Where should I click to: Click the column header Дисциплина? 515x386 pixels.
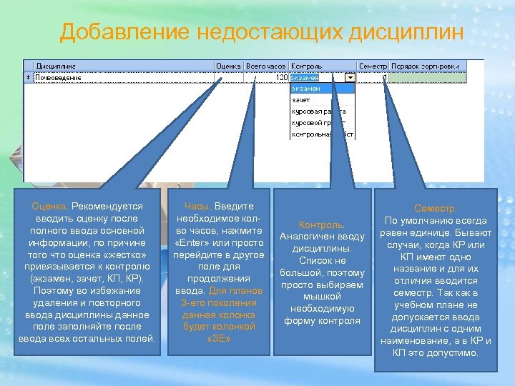point(57,66)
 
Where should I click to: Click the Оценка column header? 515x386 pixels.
point(228,66)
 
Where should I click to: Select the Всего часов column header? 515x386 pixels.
point(266,66)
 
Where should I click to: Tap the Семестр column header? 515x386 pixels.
point(372,66)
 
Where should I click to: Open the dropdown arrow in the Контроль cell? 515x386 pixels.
point(350,77)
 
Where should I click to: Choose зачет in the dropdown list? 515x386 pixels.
point(300,100)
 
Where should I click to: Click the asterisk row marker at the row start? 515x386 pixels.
point(28,77)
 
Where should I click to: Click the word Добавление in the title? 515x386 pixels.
point(124,32)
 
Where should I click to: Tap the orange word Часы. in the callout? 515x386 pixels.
point(197,206)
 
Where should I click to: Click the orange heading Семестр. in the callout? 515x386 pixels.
point(436,208)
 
